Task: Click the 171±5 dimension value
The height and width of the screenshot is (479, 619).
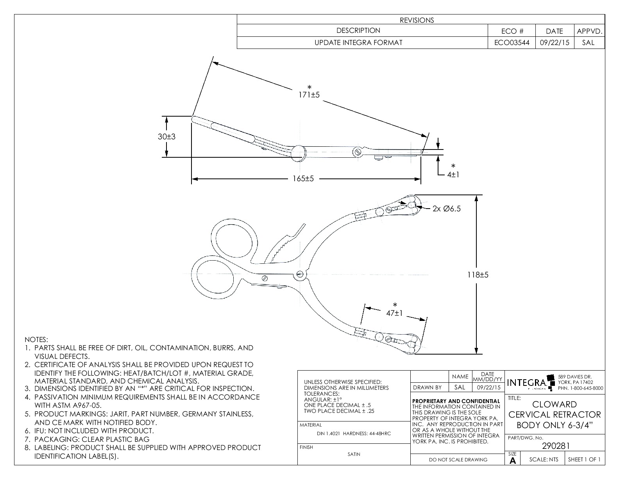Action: click(x=309, y=95)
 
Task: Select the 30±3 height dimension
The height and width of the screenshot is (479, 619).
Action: click(x=166, y=137)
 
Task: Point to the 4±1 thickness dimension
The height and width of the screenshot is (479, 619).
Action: click(x=453, y=175)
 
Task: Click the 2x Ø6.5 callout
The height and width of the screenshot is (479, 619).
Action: click(x=447, y=209)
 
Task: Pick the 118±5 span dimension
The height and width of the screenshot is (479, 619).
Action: click(x=478, y=275)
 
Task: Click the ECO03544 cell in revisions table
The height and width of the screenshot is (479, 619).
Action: click(x=512, y=43)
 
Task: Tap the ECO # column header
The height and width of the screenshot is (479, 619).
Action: click(x=512, y=31)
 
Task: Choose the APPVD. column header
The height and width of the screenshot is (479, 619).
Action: click(x=589, y=31)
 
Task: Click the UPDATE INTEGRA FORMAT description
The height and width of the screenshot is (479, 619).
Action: click(x=358, y=43)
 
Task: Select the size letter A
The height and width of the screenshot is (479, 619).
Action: click(x=513, y=461)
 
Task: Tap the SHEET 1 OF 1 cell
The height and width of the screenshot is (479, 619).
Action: click(x=584, y=459)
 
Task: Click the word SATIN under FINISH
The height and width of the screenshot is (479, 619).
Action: click(x=354, y=454)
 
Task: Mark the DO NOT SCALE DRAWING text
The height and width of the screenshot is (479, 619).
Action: click(x=458, y=460)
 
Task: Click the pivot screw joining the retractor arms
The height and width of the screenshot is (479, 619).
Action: click(x=300, y=274)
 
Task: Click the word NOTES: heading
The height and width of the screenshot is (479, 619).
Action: click(x=36, y=339)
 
